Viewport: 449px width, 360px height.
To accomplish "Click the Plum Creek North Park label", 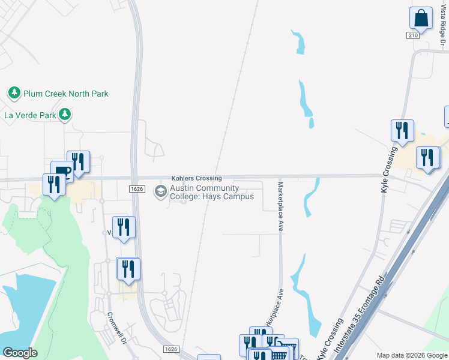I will [x=65, y=94].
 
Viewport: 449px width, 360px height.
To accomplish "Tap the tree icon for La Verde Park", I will [x=65, y=114].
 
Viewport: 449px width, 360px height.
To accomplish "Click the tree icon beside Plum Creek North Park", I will [x=14, y=93].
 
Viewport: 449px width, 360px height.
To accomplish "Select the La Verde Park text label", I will [x=30, y=115].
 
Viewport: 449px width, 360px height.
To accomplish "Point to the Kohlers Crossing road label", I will [x=196, y=178].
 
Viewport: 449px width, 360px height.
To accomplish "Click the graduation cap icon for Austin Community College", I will [x=160, y=192].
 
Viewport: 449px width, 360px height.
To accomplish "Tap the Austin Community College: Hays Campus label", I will [x=211, y=193].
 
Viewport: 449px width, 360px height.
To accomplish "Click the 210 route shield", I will [x=412, y=36].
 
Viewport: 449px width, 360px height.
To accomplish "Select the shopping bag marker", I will [x=421, y=18].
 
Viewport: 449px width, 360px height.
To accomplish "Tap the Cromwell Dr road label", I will [x=116, y=327].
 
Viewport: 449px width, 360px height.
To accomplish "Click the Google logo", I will [x=20, y=353].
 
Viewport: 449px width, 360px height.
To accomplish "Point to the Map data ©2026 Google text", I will [x=411, y=355].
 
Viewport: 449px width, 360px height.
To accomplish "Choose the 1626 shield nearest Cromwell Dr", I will [x=170, y=349].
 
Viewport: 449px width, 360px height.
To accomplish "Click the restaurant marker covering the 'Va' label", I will [x=124, y=227].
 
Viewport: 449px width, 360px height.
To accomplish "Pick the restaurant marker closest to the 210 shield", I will [x=402, y=130].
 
